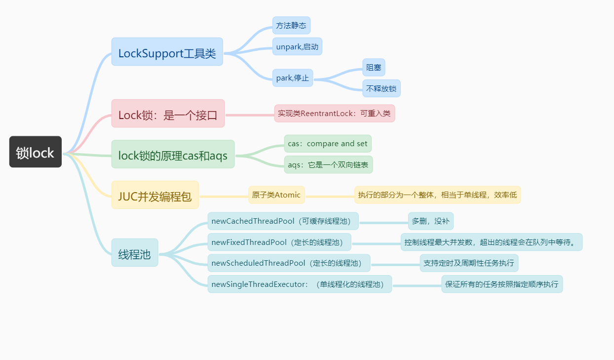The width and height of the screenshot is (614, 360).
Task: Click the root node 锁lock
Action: pyautogui.click(x=36, y=152)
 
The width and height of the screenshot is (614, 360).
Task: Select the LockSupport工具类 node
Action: pyautogui.click(x=167, y=52)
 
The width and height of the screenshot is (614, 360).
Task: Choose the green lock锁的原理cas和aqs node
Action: pyautogui.click(x=173, y=155)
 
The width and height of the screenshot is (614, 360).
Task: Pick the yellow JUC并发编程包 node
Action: pyautogui.click(x=155, y=195)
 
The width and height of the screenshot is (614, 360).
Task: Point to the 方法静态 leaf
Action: pyautogui.click(x=291, y=25)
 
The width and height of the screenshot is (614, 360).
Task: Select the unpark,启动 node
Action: pyautogui.click(x=297, y=46)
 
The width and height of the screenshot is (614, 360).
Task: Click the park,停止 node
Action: pyautogui.click(x=292, y=78)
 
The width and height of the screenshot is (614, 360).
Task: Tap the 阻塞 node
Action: pyautogui.click(x=374, y=67)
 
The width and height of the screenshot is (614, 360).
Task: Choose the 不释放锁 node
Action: pyautogui.click(x=381, y=88)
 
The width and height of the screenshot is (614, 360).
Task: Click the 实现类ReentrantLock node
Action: pyautogui.click(x=334, y=113)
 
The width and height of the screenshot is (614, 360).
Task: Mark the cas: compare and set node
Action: pyautogui.click(x=328, y=144)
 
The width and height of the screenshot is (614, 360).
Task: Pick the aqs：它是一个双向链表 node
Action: pyautogui.click(x=328, y=164)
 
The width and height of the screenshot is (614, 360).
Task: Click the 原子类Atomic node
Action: pyautogui.click(x=276, y=195)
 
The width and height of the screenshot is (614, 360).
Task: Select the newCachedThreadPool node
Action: pyautogui.click(x=283, y=221)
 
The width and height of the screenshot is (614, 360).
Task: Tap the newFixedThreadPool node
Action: pyautogui.click(x=279, y=242)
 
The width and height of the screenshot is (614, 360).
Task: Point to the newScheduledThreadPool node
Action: pyautogui.click(x=289, y=263)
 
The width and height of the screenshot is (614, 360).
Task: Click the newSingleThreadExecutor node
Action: pyautogui.click(x=300, y=284)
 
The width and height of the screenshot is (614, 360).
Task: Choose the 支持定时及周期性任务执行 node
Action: pyautogui.click(x=469, y=263)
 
